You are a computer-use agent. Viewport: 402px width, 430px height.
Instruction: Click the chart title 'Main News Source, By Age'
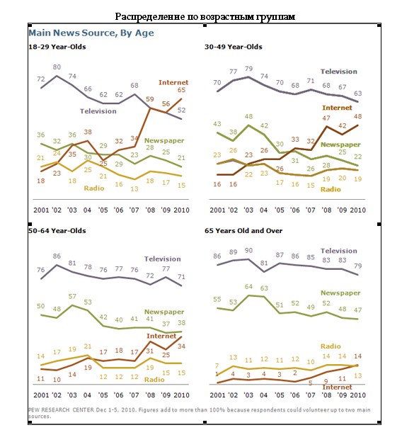pos(91,33)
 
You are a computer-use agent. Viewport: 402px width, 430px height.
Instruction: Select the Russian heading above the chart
pos(205,17)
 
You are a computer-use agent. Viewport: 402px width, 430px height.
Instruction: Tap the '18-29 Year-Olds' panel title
pos(57,47)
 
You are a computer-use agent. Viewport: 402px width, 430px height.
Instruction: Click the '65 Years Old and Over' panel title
pos(243,231)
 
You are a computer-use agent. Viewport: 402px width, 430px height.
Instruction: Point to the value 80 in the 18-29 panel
pos(57,67)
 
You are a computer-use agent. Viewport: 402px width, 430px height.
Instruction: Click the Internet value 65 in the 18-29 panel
pos(181,90)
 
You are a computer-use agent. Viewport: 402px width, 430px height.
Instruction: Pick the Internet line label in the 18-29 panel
pos(173,82)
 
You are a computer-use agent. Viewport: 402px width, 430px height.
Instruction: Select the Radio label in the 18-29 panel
pos(94,188)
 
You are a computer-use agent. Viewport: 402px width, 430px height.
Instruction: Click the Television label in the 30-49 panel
pos(339,72)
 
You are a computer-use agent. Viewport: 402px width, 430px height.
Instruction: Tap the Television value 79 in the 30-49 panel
pos(248,69)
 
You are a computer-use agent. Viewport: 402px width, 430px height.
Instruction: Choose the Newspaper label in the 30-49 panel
pos(340,145)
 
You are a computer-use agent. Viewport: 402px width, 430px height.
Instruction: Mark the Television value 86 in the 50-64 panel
pos(57,256)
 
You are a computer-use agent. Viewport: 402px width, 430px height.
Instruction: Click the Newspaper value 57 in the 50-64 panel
pos(72,296)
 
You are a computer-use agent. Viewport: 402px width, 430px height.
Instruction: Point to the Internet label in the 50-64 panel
pos(161,336)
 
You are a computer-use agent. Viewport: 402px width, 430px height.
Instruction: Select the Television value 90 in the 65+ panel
pos(248,250)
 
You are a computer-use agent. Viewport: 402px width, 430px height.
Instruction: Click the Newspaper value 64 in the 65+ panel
pos(248,287)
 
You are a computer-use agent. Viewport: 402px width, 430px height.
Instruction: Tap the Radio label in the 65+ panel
pos(331,346)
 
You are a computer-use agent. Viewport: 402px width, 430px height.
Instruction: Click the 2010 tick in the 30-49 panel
pos(358,210)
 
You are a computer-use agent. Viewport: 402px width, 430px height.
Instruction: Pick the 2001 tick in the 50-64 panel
pos(41,395)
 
